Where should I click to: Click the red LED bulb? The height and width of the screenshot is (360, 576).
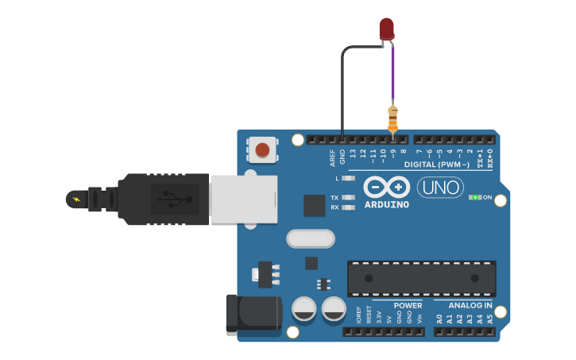pos(386,29)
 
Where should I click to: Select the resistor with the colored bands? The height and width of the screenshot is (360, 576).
pos(392,118)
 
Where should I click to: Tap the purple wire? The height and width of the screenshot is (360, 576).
pos(392,75)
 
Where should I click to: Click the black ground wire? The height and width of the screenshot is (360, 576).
pos(342,87)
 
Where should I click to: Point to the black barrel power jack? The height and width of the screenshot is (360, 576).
pos(253,315)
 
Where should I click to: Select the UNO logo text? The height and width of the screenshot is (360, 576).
pos(440,188)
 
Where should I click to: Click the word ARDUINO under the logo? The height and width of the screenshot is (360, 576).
pos(387,205)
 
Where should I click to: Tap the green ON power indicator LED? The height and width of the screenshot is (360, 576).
pos(475,197)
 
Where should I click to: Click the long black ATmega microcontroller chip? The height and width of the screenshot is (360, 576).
pos(421,278)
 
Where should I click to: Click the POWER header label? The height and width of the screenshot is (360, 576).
pos(408,305)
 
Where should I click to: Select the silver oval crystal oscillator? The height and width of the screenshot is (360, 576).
pos(311,238)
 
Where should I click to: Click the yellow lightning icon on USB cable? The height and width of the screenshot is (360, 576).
pos(76,199)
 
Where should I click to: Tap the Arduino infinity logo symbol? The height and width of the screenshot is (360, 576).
pos(387,187)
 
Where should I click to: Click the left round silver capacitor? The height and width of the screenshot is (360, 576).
pos(304,308)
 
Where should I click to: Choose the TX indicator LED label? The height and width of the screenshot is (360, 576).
pos(334,197)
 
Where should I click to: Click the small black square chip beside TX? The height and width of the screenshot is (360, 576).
pos(315,206)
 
